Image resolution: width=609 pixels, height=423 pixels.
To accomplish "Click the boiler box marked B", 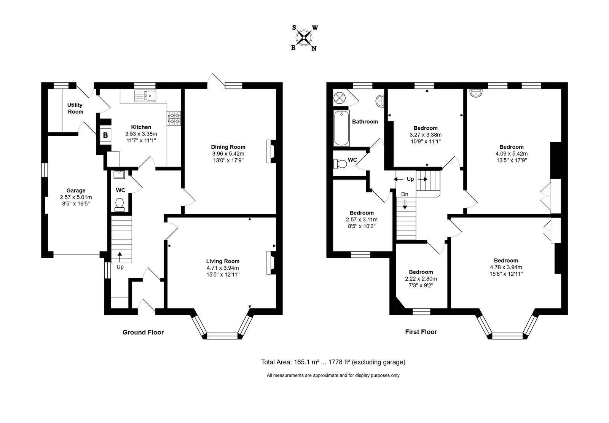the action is pos(105,135).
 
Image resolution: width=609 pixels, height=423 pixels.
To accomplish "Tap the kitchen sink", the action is pos(145,96).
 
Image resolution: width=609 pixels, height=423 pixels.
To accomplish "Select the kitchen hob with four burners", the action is pos(174,118).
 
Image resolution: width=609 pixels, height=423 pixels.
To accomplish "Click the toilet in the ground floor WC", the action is pos(120,205).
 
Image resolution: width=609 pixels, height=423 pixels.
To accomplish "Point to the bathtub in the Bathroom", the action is pos(341,128).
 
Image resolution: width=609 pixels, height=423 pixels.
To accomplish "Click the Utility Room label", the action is pos(75,108).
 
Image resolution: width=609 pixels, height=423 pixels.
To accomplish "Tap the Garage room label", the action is pos(76,191).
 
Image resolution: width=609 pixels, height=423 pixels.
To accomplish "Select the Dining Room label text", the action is pos(228,147).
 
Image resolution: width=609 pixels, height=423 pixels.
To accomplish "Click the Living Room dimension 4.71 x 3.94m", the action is pos(223,268).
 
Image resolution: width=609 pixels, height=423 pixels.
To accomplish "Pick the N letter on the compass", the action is pos(314,49).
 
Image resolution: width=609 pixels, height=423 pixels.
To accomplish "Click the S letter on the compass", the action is pos(294,27).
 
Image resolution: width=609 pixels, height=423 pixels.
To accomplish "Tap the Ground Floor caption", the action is pos(143,332).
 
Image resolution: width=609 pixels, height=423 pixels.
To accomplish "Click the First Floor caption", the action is pos(421,332).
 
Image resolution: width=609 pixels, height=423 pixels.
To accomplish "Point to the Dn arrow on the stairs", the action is pos(405,204).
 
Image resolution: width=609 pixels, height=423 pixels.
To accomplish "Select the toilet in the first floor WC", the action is pos(340,164).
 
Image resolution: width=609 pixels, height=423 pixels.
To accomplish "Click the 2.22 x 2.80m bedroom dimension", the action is pos(421,279).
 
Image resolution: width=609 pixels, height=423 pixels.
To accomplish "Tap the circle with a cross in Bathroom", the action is pos(339,98).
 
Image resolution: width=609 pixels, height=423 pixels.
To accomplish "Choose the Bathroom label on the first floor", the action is pos(365,122).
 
